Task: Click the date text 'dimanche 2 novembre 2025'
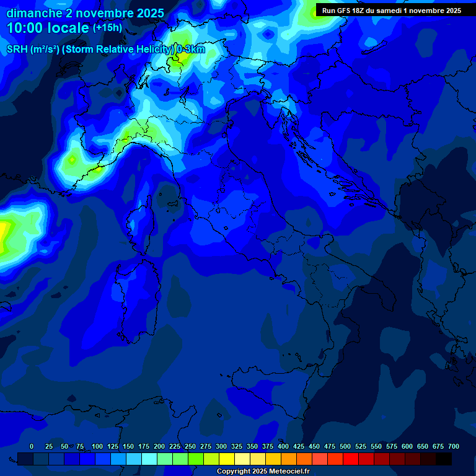[85, 13]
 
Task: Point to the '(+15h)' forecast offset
[107, 27]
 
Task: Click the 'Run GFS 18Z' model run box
[391, 10]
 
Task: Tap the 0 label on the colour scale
[32, 446]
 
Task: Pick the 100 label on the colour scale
[97, 446]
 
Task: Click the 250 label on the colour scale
[190, 446]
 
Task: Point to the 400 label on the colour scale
[283, 446]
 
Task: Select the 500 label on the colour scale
[345, 446]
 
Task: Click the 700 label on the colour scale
[454, 446]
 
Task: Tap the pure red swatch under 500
[351, 459]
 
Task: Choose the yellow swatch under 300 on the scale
[227, 459]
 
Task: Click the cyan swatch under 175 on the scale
[149, 459]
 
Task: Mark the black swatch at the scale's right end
[444, 459]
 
